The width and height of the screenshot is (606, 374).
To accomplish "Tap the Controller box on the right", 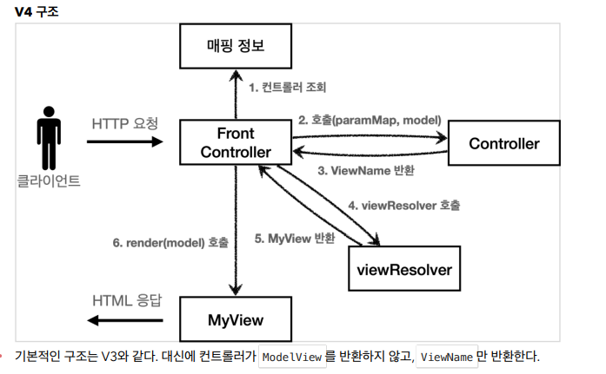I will (504, 143).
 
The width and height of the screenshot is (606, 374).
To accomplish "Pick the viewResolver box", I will (404, 270).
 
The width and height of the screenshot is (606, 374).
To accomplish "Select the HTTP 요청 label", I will (125, 123).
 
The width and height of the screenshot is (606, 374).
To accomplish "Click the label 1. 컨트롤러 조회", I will (288, 88).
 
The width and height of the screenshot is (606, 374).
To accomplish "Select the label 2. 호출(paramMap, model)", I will (370, 120).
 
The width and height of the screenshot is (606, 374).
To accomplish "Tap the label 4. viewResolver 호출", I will (404, 206).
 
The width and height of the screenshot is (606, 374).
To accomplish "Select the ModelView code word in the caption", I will (291, 357).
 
